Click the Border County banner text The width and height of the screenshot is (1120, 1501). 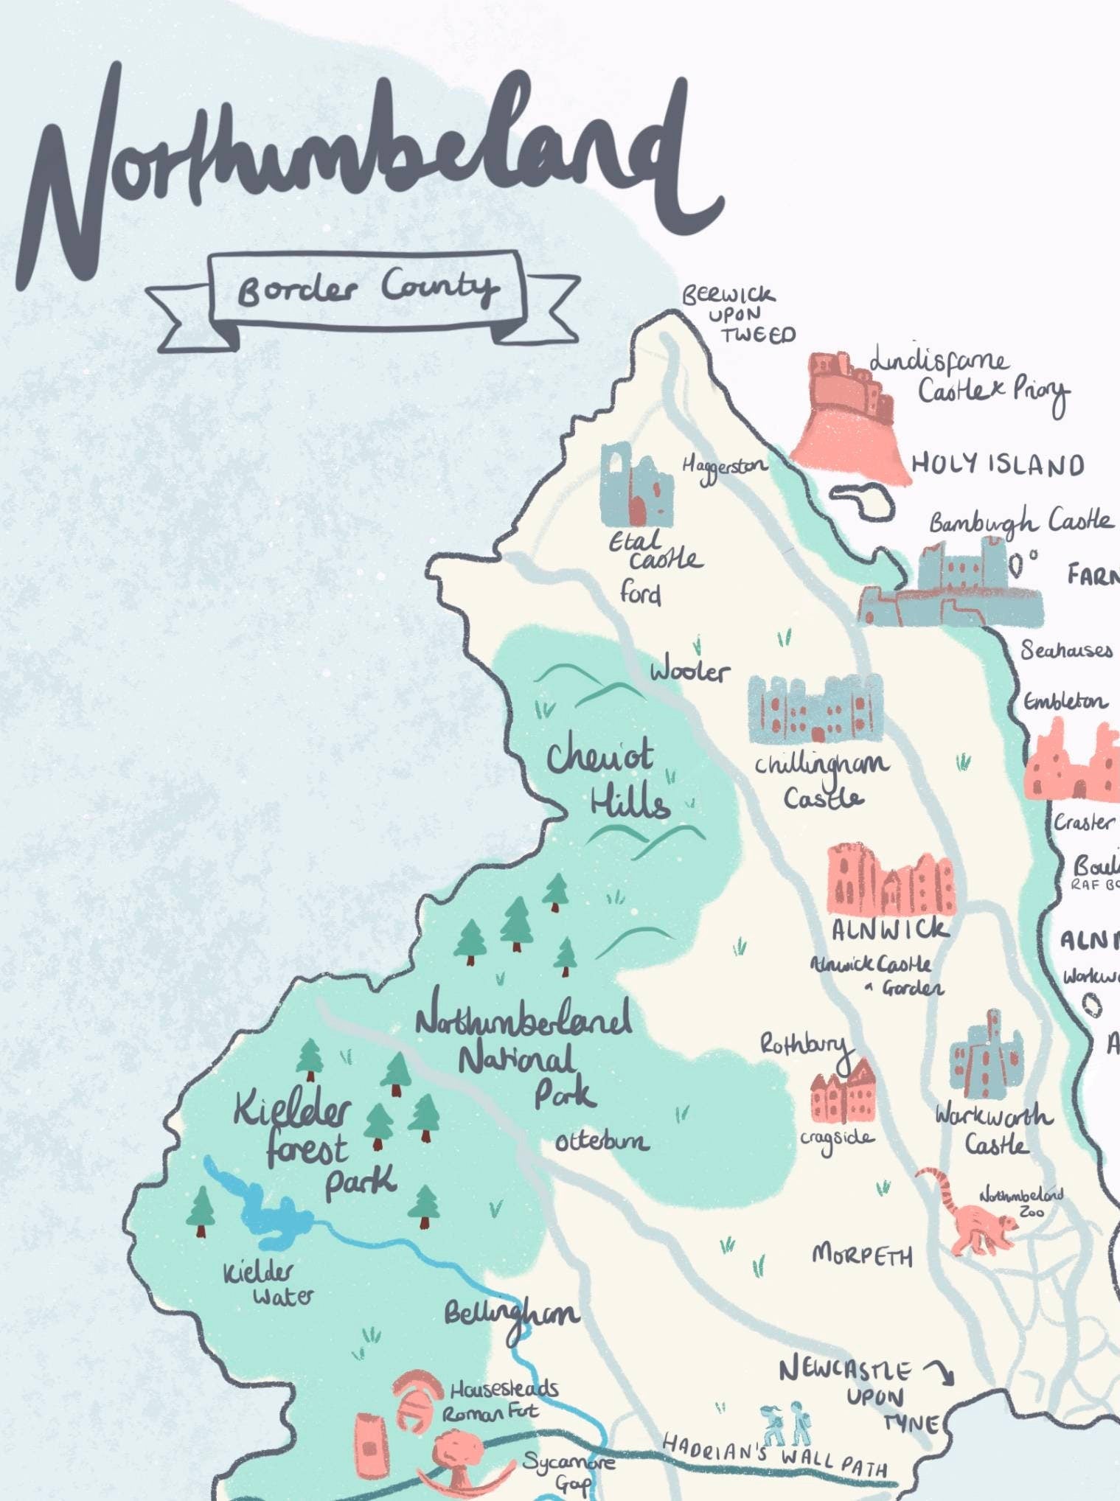tap(366, 288)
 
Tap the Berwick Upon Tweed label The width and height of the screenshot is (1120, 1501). tap(737, 315)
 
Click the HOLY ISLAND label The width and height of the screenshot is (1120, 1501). tap(997, 464)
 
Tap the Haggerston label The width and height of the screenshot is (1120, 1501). tap(723, 467)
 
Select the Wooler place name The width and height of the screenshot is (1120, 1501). tap(689, 671)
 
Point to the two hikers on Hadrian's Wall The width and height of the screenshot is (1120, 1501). tap(785, 1424)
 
